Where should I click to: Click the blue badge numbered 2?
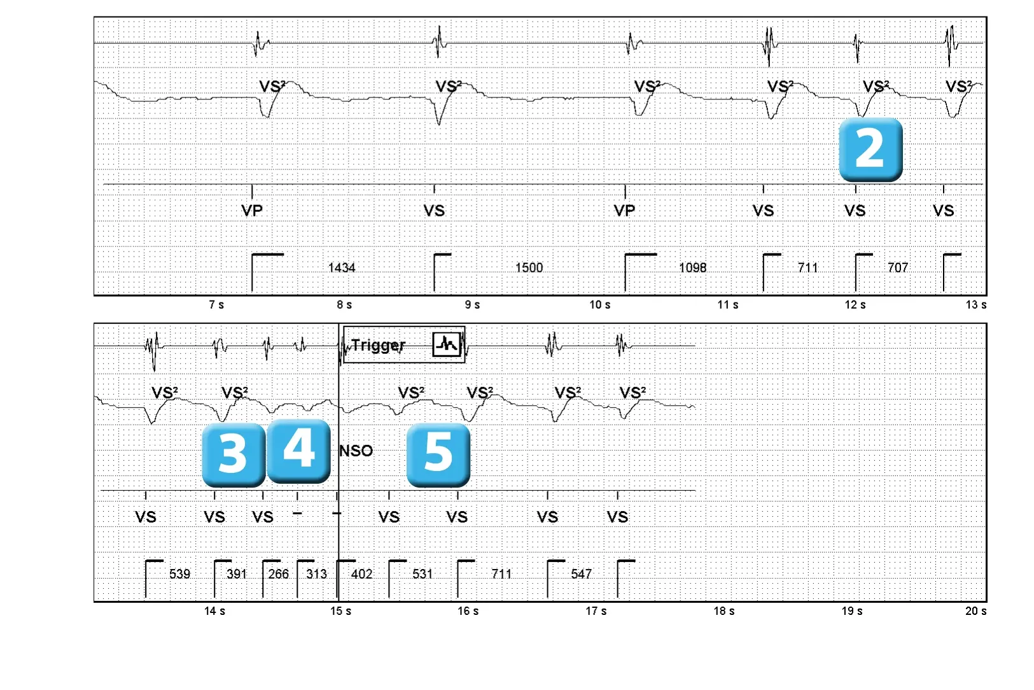click(x=870, y=150)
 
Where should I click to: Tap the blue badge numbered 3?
click(x=234, y=455)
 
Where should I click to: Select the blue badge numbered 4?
click(x=298, y=451)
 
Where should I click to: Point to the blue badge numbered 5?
click(x=438, y=455)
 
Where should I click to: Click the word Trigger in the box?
click(x=378, y=346)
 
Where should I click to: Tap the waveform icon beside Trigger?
click(x=447, y=344)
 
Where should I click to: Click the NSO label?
click(x=356, y=451)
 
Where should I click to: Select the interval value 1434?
click(x=342, y=268)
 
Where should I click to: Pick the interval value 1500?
click(x=529, y=268)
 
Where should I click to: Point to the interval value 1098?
click(x=692, y=268)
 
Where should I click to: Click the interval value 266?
click(x=278, y=574)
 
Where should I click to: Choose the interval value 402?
click(x=361, y=574)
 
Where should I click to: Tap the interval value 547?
click(x=581, y=574)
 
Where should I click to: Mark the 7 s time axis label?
click(x=216, y=305)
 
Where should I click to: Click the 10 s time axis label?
click(x=599, y=305)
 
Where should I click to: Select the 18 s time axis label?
click(x=724, y=611)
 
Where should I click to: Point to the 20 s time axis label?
click(x=976, y=611)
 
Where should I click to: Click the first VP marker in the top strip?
click(x=252, y=211)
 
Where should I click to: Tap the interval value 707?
click(x=898, y=268)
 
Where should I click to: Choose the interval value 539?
click(x=179, y=574)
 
